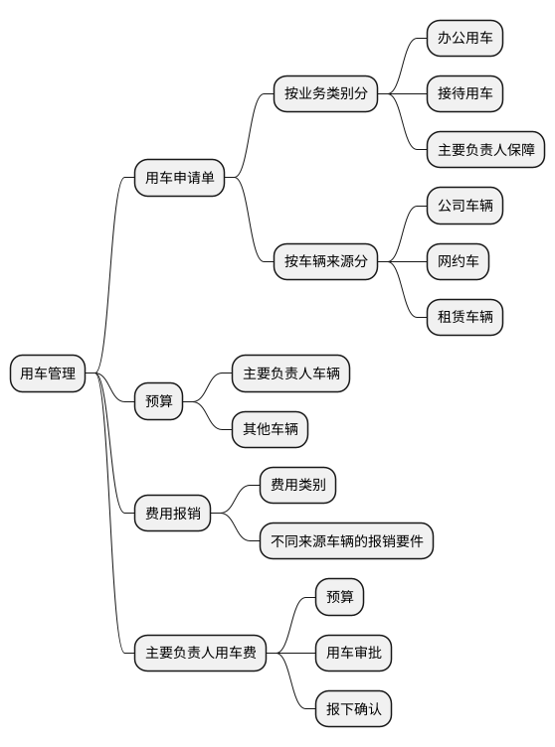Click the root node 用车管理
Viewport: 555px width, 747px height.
coord(48,373)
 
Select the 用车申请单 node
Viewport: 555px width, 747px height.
coord(179,178)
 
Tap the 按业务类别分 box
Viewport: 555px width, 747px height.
coord(326,93)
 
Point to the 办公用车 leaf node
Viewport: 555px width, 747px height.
coord(464,38)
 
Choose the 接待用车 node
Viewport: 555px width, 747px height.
coord(464,93)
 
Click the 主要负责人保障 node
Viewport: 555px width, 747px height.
coord(485,150)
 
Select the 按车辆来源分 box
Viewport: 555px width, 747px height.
coord(326,261)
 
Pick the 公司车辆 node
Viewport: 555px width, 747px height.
coord(464,206)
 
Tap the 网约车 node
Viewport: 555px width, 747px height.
coord(459,261)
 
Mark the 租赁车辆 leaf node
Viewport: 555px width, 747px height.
coord(464,317)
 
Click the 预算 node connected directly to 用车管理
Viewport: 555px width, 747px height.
coord(158,401)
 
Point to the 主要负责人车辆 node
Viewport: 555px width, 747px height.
coord(291,373)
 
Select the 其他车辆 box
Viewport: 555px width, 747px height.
coord(271,429)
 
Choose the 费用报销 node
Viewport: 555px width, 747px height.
coord(173,514)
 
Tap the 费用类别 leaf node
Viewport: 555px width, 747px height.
coord(297,485)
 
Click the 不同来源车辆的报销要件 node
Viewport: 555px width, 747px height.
coord(346,540)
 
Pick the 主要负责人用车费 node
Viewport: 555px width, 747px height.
coord(201,653)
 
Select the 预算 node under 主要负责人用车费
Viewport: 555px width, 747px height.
coord(340,597)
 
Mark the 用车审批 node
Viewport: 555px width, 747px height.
coord(354,653)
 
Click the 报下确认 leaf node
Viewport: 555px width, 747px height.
coord(354,709)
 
